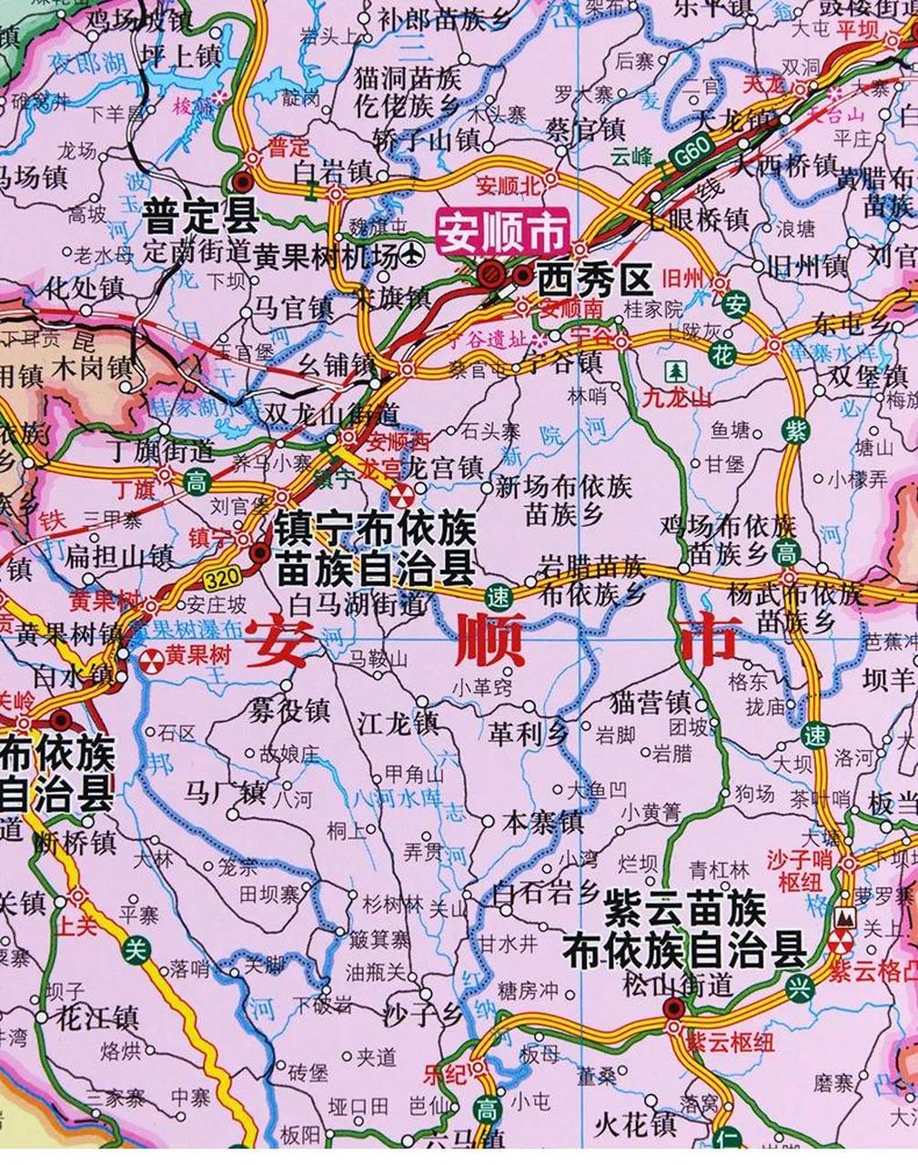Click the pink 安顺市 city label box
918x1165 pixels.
[502, 230]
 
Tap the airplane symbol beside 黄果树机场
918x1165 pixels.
[415, 253]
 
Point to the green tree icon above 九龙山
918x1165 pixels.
[676, 371]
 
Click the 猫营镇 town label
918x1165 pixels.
[650, 703]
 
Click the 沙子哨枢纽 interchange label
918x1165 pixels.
[799, 870]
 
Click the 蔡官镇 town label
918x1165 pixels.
[586, 127]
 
